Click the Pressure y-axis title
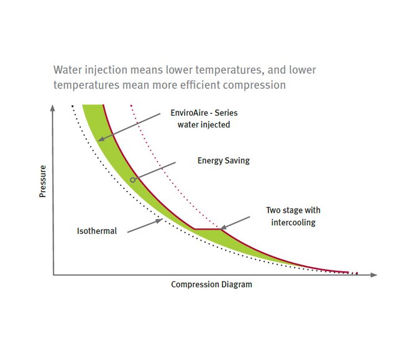43,182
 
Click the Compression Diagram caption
211,285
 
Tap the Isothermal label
96,231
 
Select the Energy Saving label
223,160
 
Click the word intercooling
293,222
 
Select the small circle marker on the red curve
132,180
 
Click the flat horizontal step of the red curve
207,229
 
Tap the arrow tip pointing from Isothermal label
162,219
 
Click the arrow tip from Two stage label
221,228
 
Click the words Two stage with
293,211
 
